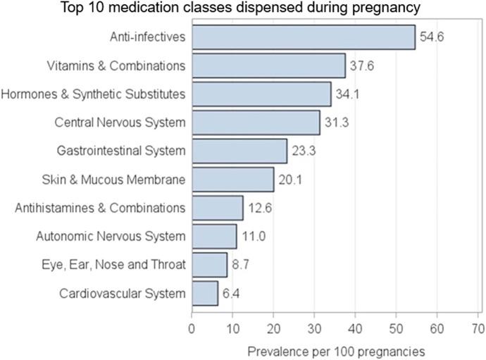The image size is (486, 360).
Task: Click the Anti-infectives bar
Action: click(x=303, y=37)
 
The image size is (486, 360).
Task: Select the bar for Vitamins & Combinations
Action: click(x=268, y=66)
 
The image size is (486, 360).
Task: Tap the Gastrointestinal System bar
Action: click(x=239, y=151)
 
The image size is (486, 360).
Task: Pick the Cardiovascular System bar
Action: click(x=204, y=293)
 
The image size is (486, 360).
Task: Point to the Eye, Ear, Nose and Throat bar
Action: click(x=209, y=265)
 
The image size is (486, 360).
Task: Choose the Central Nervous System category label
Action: click(x=120, y=123)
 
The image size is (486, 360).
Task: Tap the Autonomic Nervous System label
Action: click(x=111, y=237)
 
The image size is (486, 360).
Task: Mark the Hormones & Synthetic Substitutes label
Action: click(x=94, y=94)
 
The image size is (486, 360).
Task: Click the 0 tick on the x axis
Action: click(x=192, y=328)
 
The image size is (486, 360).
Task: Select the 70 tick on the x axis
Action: click(x=478, y=328)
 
